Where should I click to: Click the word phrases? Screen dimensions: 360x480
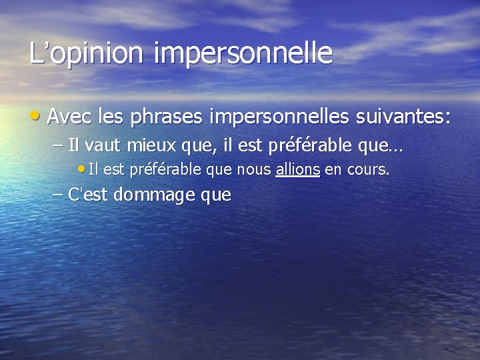[167, 118]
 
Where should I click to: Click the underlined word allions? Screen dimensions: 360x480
[297, 170]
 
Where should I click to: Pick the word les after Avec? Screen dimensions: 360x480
[111, 118]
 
